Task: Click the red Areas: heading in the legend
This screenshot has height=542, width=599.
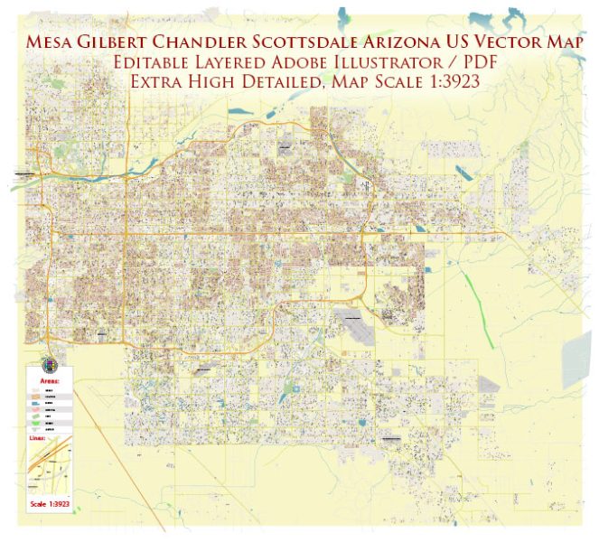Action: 46,381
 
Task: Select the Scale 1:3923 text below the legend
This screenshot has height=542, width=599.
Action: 51,528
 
